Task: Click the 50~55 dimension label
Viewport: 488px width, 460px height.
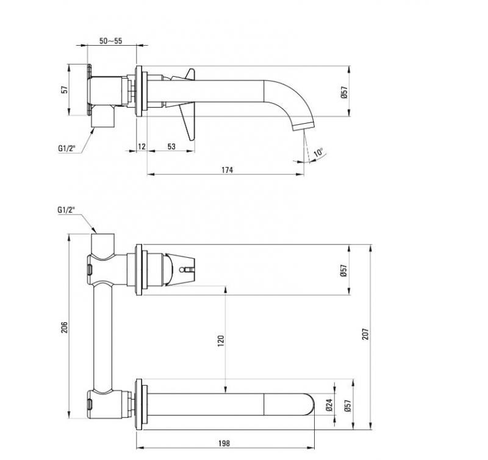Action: [111, 41]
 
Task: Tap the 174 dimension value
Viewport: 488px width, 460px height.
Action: [227, 170]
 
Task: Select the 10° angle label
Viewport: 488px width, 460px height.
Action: [318, 152]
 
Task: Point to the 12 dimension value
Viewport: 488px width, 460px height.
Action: [142, 146]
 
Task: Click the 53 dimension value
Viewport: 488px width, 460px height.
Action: [171, 146]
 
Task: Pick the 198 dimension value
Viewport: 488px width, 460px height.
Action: [224, 443]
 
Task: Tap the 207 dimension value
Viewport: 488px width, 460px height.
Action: [365, 334]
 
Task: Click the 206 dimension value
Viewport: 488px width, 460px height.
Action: [64, 327]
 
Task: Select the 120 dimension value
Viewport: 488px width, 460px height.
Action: [221, 341]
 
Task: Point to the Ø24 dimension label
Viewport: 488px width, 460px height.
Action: [330, 405]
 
